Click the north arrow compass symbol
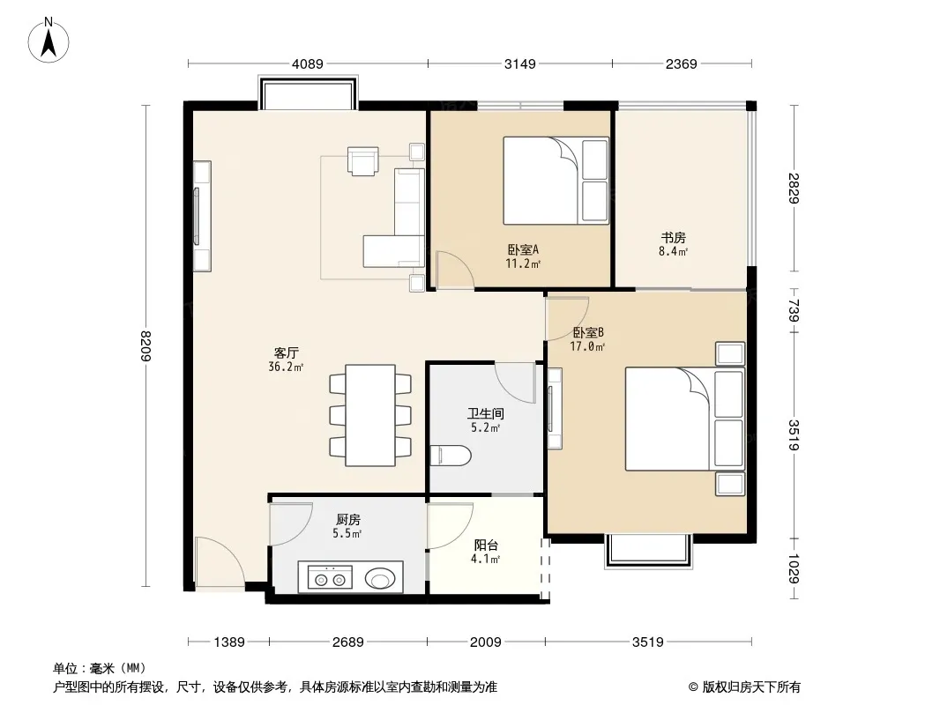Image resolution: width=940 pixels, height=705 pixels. pyautogui.click(x=48, y=41)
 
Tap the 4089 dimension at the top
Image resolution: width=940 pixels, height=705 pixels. pyautogui.click(x=308, y=63)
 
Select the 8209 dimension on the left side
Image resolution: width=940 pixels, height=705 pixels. pyautogui.click(x=145, y=345)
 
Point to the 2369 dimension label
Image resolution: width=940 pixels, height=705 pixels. pyautogui.click(x=681, y=63)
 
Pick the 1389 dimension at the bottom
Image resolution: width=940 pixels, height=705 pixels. pyautogui.click(x=229, y=642)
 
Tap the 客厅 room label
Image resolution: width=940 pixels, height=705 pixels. pyautogui.click(x=286, y=352)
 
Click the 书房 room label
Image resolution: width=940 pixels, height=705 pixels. pyautogui.click(x=673, y=238)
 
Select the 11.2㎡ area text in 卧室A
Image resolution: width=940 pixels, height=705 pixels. pyautogui.click(x=523, y=263)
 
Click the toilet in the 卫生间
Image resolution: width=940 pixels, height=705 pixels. pyautogui.click(x=451, y=456)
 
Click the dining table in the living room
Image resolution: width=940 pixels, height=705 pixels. pyautogui.click(x=369, y=415)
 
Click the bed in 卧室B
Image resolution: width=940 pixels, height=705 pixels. pyautogui.click(x=684, y=419)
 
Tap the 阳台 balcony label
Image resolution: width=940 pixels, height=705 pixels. pyautogui.click(x=486, y=545)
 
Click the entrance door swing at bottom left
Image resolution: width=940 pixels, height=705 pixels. pyautogui.click(x=220, y=560)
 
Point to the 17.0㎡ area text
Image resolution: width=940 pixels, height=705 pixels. pyautogui.click(x=587, y=346)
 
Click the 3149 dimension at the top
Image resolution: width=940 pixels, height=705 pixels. pyautogui.click(x=519, y=63)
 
